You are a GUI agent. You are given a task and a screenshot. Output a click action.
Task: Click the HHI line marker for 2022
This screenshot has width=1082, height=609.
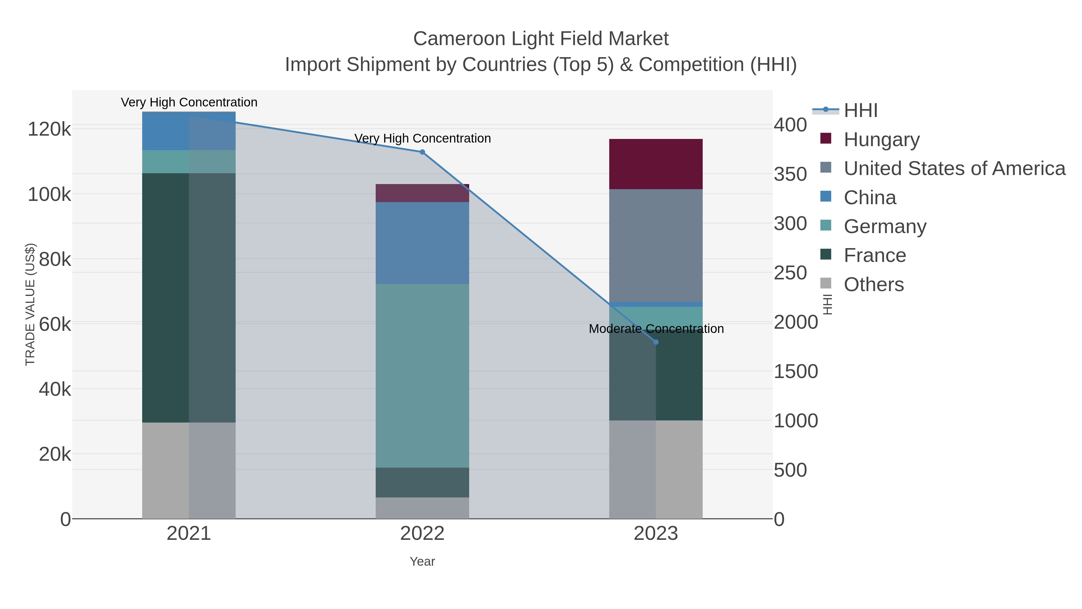click(x=422, y=152)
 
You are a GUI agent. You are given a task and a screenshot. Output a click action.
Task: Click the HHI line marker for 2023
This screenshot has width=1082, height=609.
click(x=656, y=342)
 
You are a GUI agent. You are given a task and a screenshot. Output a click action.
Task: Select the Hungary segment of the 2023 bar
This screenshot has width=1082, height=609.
click(x=656, y=164)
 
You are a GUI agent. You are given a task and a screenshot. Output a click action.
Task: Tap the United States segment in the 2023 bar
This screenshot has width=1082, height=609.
click(x=656, y=245)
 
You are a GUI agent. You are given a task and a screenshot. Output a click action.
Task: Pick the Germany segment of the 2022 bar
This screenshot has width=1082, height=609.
click(x=422, y=375)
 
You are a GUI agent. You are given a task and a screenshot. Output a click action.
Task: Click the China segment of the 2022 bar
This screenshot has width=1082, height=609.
click(x=422, y=243)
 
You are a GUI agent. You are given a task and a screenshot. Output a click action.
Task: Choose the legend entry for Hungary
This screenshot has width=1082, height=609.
click(x=881, y=140)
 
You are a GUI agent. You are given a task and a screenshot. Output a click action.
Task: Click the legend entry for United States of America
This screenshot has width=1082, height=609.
click(x=954, y=168)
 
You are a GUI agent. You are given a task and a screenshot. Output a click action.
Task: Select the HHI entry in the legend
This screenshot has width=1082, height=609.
click(x=860, y=111)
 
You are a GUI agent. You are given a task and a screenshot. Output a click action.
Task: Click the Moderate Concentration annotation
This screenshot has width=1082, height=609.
click(x=656, y=329)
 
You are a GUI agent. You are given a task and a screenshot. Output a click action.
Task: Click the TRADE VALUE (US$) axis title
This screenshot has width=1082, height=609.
click(x=30, y=304)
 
